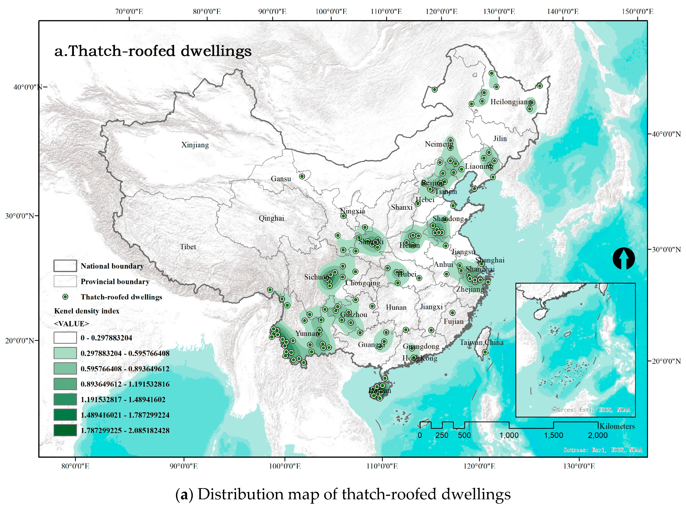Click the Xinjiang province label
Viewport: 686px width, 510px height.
click(195, 145)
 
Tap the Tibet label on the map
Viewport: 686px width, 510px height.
click(188, 247)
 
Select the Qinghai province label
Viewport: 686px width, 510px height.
click(271, 218)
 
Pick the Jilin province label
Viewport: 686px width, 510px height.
click(500, 139)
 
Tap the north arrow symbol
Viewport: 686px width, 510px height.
click(623, 258)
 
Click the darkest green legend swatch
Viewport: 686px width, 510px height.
click(65, 430)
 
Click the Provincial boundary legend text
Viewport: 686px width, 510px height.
click(115, 282)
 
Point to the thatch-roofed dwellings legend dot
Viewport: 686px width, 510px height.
click(65, 297)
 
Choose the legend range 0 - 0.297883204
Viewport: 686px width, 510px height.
click(106, 338)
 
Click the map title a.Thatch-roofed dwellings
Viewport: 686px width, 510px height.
click(153, 51)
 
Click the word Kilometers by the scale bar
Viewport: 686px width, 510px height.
click(617, 426)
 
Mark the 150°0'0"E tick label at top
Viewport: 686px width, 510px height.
click(637, 12)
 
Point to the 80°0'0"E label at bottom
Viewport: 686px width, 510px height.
click(75, 466)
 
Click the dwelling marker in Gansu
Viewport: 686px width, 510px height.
click(302, 176)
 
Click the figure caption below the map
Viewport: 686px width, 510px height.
click(343, 494)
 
